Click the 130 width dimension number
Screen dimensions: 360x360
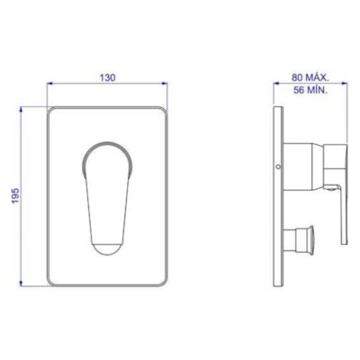click(x=107, y=78)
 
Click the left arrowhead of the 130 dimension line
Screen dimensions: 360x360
click(x=49, y=85)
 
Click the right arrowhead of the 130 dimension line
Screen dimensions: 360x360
click(x=167, y=85)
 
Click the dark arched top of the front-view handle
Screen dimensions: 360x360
click(x=108, y=146)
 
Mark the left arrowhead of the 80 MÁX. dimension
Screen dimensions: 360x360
click(x=275, y=85)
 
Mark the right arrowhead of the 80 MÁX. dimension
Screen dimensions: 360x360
click(x=346, y=85)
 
